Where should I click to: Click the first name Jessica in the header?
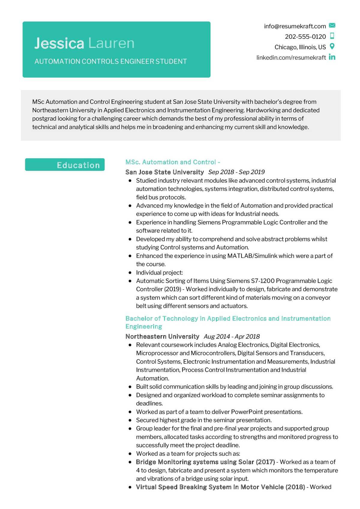point(59,43)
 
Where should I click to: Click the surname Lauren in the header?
point(111,43)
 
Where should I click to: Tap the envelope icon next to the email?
point(332,25)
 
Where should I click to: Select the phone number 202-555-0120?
point(305,37)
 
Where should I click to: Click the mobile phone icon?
point(332,36)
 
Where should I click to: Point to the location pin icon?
point(332,46)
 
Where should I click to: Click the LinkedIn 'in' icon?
point(332,57)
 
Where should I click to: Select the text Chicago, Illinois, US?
point(300,47)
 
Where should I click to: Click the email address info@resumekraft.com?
point(295,26)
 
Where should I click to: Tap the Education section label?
point(78,165)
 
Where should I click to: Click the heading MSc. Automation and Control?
point(171,162)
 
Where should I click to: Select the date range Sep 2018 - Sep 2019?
point(236,172)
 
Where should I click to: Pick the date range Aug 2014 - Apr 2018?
point(232,336)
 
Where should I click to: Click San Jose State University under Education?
point(164,172)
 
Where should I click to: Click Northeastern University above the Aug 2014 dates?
point(162,336)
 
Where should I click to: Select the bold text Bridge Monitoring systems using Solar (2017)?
point(205,462)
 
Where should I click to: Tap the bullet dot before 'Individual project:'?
point(130,273)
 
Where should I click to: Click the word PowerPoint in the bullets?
point(247,412)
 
